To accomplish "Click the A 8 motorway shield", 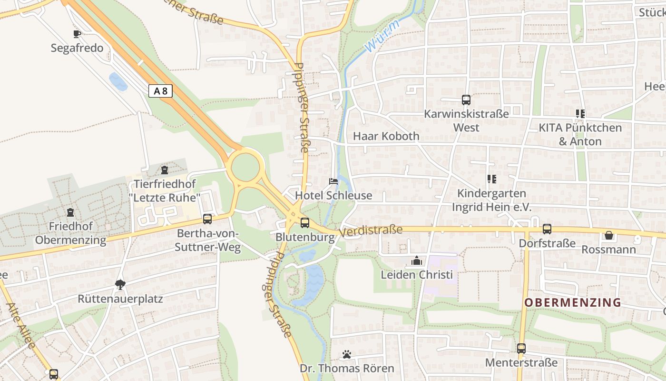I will (160, 91).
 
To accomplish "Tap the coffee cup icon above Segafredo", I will (77, 34).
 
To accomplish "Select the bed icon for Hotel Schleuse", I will (333, 181).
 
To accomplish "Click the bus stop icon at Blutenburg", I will (305, 222).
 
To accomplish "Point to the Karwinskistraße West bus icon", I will (466, 100).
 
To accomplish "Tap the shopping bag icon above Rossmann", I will (608, 235).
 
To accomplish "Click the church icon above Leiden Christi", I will (417, 261).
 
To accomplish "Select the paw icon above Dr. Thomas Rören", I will (347, 354).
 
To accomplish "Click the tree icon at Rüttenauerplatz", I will (120, 285).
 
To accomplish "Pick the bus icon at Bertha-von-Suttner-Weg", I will (207, 219).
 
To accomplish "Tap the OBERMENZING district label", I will (573, 302).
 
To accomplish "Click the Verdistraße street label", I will (372, 231).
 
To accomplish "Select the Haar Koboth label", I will (386, 136).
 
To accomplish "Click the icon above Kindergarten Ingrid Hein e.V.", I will (491, 179).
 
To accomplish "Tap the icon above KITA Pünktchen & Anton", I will (580, 114).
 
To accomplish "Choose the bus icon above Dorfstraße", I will (547, 229).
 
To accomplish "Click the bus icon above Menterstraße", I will (521, 349).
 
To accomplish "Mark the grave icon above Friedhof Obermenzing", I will (70, 212).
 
